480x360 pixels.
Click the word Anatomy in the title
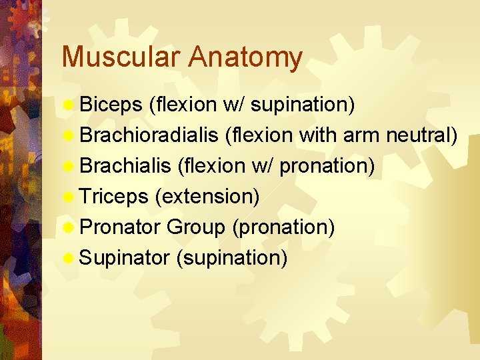(x=245, y=59)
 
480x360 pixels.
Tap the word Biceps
(x=111, y=105)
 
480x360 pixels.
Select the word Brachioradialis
(x=149, y=135)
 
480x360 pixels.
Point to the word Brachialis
(x=125, y=166)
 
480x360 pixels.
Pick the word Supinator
(x=125, y=258)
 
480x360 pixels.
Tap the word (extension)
(x=207, y=197)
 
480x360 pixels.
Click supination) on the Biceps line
(x=303, y=105)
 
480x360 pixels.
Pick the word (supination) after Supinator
(x=231, y=258)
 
